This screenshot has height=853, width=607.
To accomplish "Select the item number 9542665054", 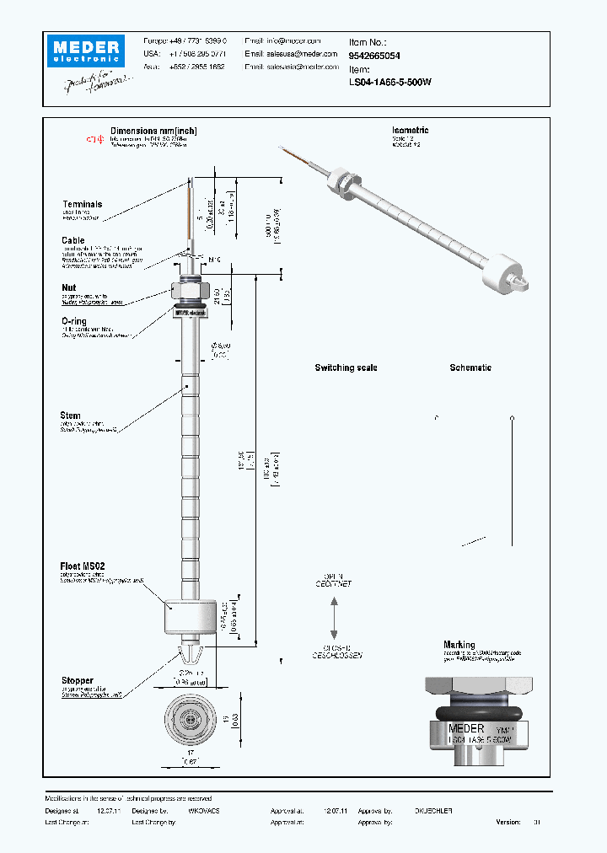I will (x=374, y=55).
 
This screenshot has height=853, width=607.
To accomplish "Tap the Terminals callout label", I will (x=82, y=204).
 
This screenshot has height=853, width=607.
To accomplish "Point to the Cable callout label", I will (x=73, y=240).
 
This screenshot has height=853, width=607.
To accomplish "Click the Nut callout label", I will (x=68, y=287).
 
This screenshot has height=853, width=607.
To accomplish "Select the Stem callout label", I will (x=71, y=416).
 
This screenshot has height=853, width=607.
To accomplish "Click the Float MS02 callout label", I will (x=83, y=566).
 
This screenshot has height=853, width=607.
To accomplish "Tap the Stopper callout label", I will (x=77, y=680).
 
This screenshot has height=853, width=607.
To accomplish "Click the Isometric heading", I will (x=411, y=131).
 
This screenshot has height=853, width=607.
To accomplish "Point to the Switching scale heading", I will (x=346, y=368).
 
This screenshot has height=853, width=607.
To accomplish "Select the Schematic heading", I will (x=470, y=368).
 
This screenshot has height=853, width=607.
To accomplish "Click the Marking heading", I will (x=459, y=645).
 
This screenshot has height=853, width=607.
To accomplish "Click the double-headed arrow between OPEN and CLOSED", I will (x=335, y=619).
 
